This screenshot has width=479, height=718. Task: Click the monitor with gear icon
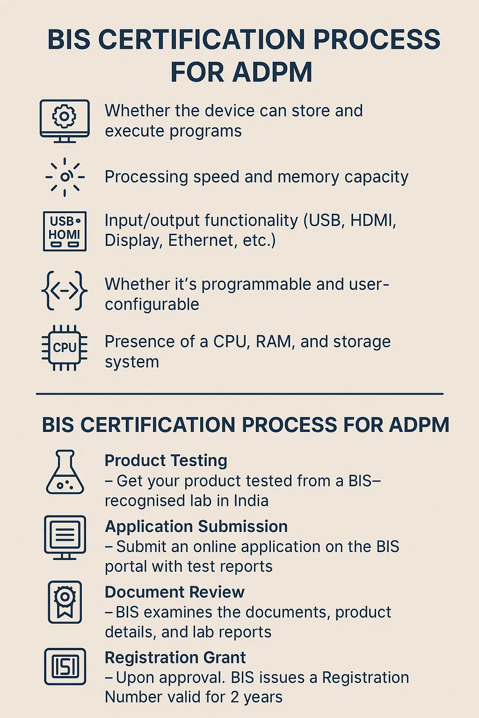tap(65, 121)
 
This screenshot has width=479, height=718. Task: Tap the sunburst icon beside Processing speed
tap(65, 177)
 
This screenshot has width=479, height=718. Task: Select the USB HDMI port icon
tap(65, 231)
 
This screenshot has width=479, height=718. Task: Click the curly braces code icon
tap(64, 291)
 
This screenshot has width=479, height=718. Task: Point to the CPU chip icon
tap(65, 348)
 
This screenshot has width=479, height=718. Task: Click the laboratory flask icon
tap(65, 472)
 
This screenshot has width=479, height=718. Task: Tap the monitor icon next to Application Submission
tap(65, 538)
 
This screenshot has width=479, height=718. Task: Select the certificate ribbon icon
tap(65, 602)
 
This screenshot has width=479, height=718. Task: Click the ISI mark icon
tap(65, 667)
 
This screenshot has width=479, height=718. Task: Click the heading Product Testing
tap(166, 460)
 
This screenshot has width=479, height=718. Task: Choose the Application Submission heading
tap(196, 526)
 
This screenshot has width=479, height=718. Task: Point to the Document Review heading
tap(174, 592)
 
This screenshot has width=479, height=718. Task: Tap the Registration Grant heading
tap(175, 657)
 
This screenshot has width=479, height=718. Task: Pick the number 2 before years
tap(234, 697)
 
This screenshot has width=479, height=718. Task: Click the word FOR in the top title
tap(197, 72)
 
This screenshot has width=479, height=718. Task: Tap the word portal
tap(126, 567)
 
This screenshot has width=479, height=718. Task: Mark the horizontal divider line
tap(239, 394)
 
